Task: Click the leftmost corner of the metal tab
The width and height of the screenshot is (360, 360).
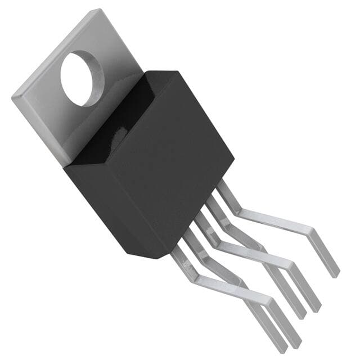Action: (12, 99)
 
